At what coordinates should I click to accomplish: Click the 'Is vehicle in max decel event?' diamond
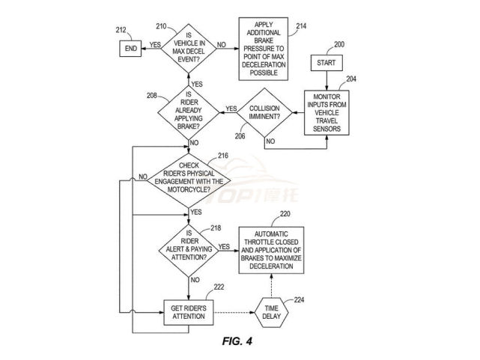[x=189, y=46]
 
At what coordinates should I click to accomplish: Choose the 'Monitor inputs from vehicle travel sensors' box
[x=327, y=112]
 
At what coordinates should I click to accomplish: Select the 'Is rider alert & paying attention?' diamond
[x=189, y=245]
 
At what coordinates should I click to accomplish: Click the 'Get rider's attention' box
[x=189, y=312]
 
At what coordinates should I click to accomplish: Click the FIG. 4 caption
[x=239, y=341]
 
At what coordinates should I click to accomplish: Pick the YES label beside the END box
[x=155, y=45]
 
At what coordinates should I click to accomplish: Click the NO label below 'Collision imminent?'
[x=270, y=141]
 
